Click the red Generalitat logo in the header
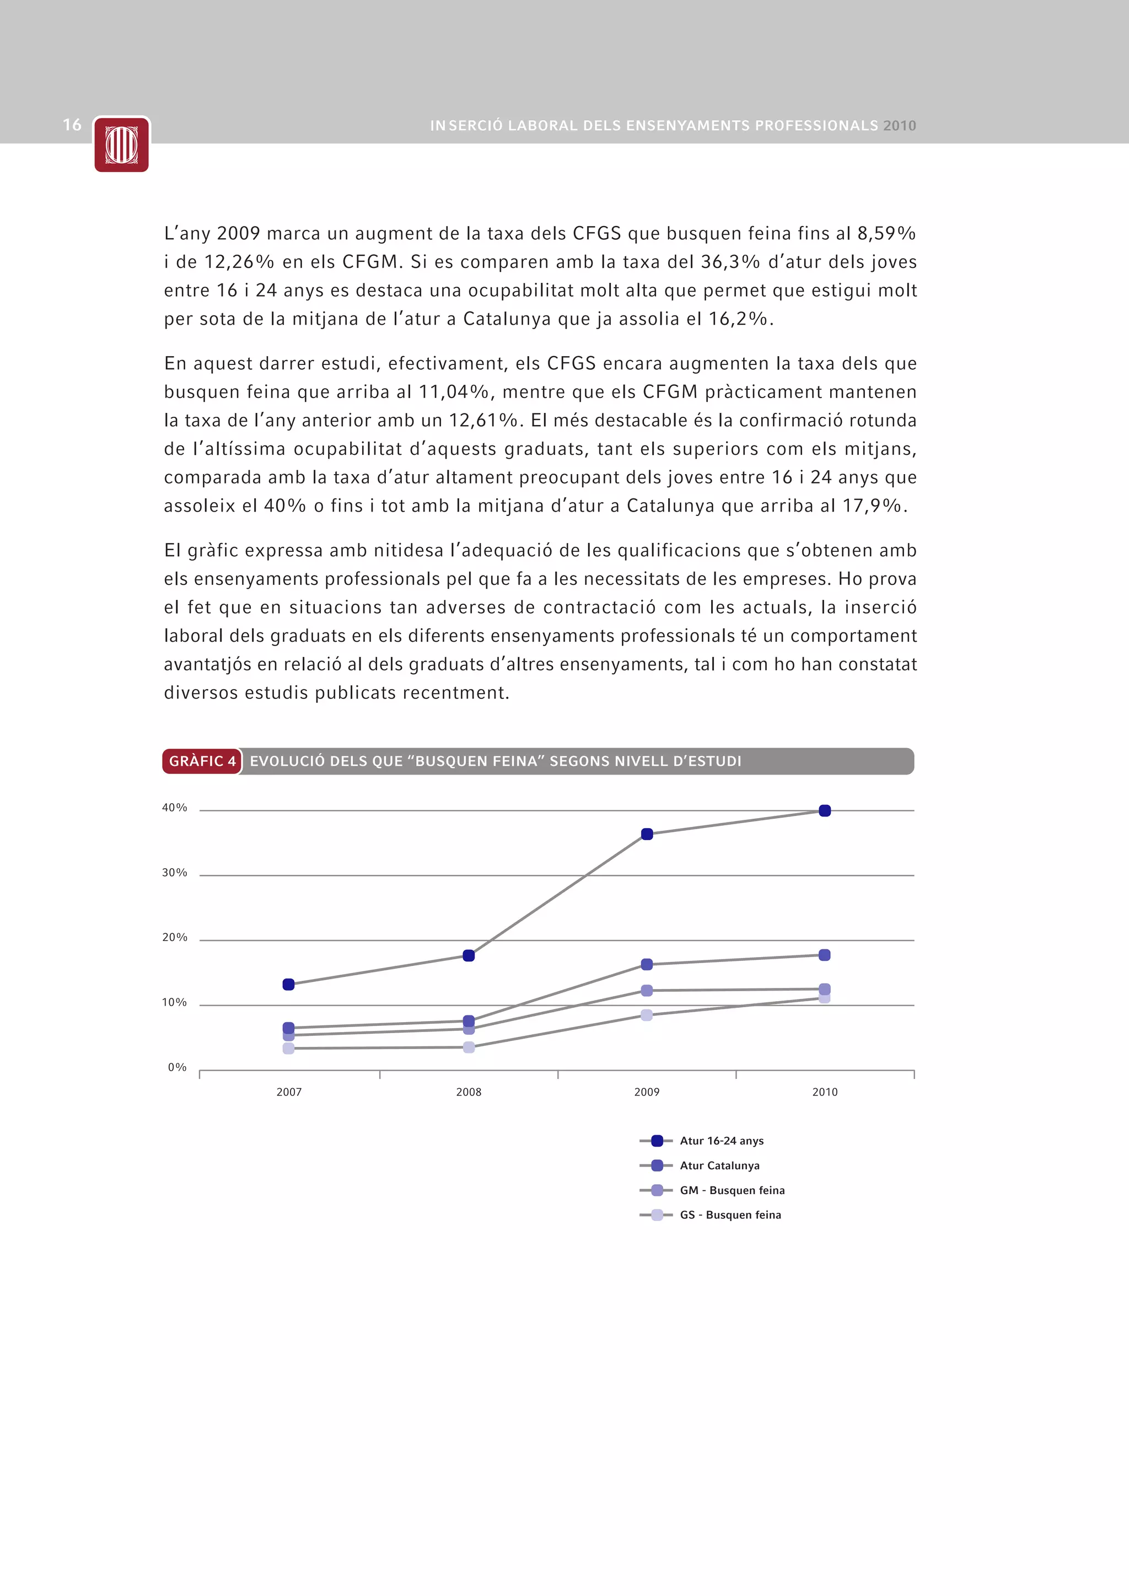pos(122,144)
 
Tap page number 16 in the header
pos(72,125)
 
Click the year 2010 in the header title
pos(900,126)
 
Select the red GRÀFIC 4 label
pos(202,761)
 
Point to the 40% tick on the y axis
pos(175,808)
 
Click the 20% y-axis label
pos(175,938)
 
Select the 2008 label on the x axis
pos(469,1092)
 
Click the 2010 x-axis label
pos(825,1092)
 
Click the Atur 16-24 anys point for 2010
pos(825,810)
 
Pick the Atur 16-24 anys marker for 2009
pos(647,834)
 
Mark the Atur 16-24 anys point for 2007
pos(288,984)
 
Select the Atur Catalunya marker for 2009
pos(647,964)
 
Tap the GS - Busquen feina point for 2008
pos(469,1047)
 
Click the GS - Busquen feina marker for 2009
pos(647,1015)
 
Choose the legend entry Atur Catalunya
pos(719,1166)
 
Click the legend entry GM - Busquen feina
pos(732,1191)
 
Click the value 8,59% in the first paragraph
pos(886,234)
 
